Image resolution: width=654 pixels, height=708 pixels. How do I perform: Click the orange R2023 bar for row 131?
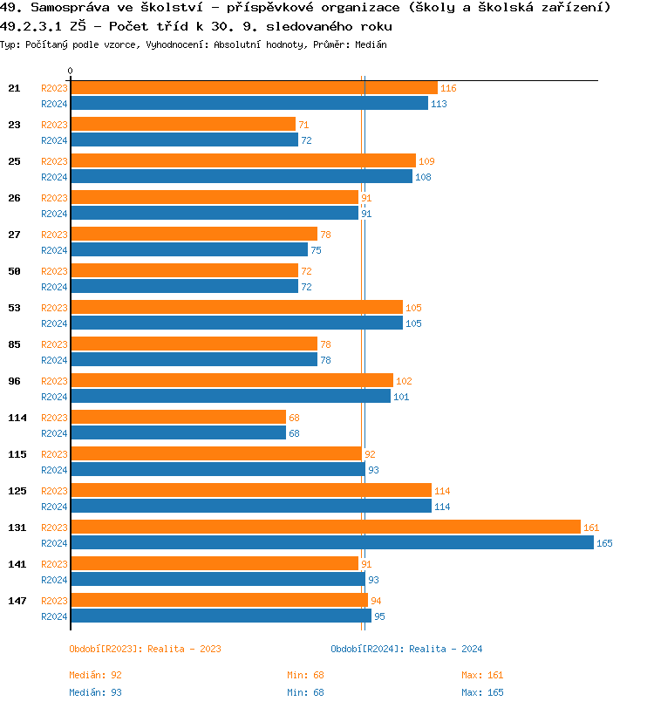point(325,527)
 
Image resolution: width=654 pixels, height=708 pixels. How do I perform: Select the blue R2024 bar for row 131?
point(331,542)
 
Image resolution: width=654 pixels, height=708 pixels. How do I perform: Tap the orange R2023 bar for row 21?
point(254,87)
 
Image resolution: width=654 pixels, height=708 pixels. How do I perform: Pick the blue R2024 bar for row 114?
point(178,432)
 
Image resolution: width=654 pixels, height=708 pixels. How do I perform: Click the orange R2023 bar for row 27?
point(194,234)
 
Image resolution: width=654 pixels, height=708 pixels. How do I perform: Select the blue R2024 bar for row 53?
point(236,323)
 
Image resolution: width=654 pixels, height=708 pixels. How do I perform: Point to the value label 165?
point(604,543)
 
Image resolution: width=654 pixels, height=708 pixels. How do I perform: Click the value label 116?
point(448,88)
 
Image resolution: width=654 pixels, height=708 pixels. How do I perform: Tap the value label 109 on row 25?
point(426,161)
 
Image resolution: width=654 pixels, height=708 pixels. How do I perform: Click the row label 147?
point(17,601)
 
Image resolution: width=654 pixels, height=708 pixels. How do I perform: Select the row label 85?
point(15,344)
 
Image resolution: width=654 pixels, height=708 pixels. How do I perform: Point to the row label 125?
point(17,491)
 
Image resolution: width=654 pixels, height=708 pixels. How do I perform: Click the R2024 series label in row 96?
point(54,397)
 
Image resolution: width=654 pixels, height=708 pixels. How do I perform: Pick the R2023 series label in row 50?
point(54,271)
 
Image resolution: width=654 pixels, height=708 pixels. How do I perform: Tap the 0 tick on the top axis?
point(71,71)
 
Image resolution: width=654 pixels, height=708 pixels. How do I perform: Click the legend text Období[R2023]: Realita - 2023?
point(145,649)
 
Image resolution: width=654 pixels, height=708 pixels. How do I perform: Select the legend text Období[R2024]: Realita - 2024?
point(406,649)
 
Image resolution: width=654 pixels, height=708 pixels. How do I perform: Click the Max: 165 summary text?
point(482,692)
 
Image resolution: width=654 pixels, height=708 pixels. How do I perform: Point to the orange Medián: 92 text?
point(95,675)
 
